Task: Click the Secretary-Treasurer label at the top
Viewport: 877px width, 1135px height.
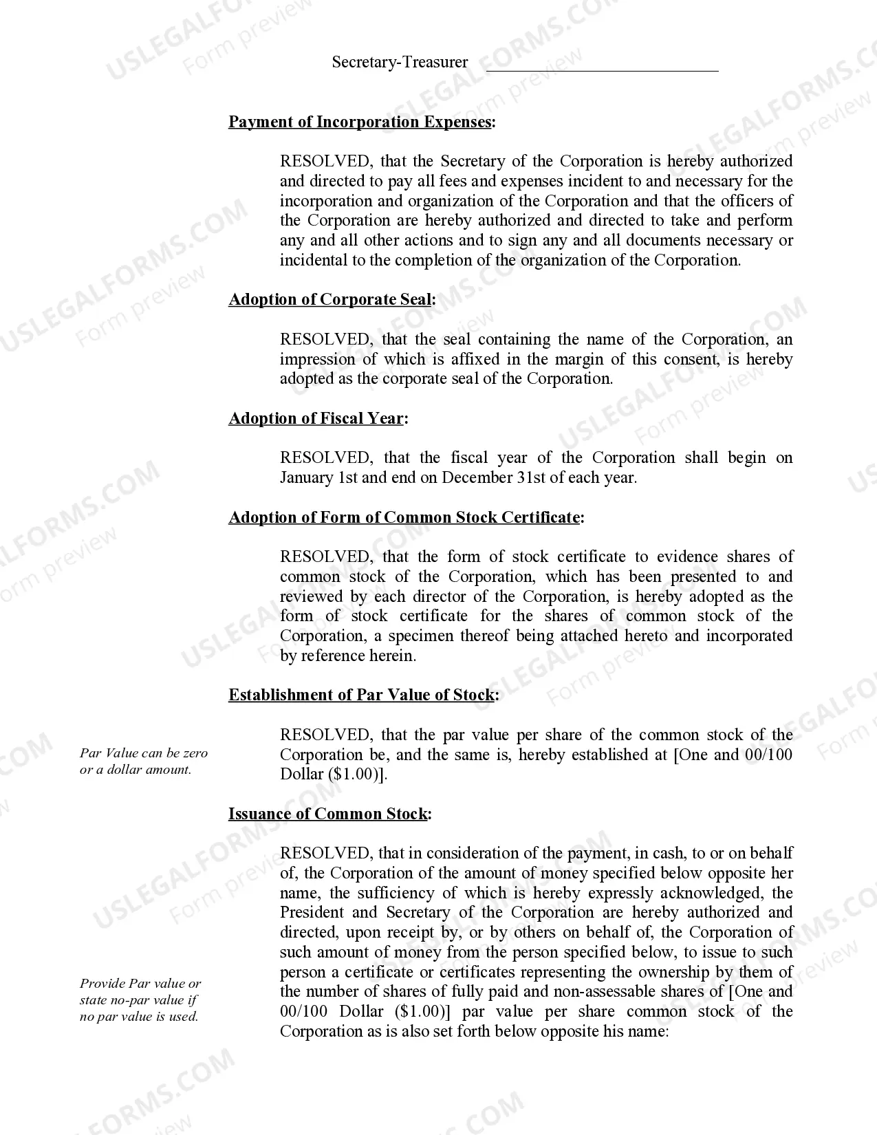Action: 400,62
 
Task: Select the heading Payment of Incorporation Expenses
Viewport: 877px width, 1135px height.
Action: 360,122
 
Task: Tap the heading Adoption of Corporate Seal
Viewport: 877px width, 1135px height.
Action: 331,300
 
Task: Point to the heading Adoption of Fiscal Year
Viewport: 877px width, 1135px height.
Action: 316,418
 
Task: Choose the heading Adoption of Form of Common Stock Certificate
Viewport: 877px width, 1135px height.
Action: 404,517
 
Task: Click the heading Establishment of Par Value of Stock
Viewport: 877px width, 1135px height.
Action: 361,695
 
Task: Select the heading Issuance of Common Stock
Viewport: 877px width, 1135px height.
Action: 328,814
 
